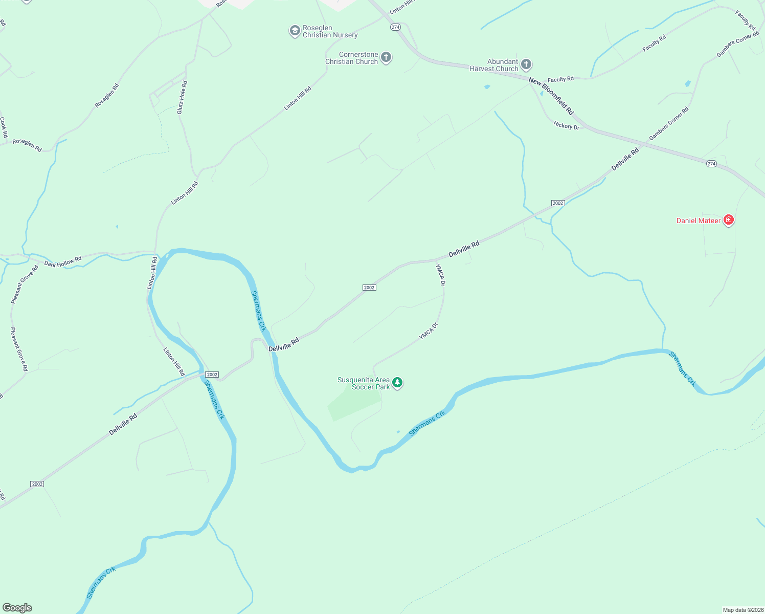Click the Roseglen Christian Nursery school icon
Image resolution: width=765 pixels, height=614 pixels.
295,31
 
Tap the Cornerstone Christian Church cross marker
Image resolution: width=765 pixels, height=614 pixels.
386,58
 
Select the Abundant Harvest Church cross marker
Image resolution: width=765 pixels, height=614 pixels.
526,65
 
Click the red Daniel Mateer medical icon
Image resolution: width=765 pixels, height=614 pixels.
729,221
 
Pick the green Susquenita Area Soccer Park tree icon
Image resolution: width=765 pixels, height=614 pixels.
397,383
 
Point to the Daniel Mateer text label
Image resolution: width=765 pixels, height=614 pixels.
698,221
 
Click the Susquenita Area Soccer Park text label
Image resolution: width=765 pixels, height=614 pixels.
364,383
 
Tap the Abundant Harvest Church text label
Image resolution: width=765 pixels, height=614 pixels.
494,65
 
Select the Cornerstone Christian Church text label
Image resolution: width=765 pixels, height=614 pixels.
352,58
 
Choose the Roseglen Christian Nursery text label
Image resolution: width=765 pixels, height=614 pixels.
330,31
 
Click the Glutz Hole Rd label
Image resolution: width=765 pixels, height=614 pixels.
182,97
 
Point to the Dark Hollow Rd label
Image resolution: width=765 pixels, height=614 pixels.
63,262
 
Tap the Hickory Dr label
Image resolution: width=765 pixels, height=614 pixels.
566,125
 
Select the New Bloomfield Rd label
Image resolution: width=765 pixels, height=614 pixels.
551,96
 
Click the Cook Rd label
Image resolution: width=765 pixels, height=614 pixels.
4,127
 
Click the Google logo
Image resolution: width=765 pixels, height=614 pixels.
17,608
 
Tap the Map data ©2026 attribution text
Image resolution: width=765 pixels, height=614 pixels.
742,610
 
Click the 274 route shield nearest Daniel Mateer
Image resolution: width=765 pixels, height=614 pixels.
711,164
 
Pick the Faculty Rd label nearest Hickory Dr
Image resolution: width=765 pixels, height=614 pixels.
560,79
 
